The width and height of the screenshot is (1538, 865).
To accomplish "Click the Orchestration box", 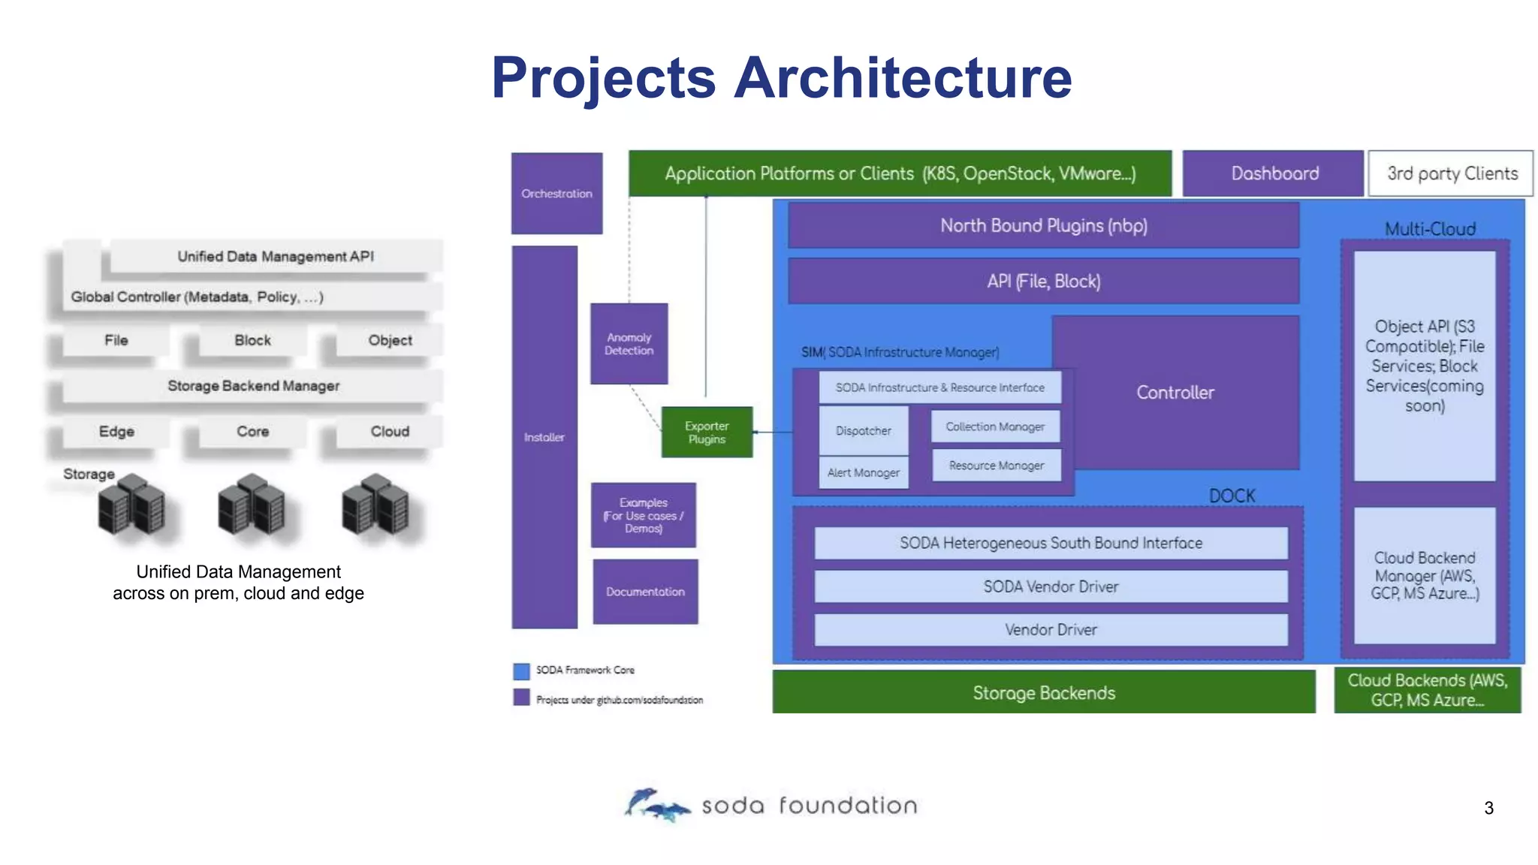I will click(556, 193).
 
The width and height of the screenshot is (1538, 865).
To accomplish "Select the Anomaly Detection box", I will click(629, 344).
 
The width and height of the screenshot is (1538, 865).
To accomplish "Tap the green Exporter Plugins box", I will click(707, 432).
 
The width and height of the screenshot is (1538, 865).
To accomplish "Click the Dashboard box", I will click(1274, 173).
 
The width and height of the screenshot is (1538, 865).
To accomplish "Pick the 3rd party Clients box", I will click(1451, 173).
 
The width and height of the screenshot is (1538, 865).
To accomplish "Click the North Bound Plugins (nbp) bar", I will click(1043, 225).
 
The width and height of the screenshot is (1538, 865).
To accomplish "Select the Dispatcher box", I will click(863, 430).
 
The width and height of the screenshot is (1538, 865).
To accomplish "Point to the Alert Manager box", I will click(863, 472).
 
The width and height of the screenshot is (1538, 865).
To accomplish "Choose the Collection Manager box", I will click(995, 426).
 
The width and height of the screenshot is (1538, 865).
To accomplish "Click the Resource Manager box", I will click(996, 465).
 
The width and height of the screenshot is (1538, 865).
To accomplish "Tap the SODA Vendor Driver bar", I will click(1051, 586).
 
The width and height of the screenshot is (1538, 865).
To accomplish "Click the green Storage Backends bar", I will click(1044, 692).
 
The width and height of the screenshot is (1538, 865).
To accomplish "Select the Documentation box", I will click(645, 592).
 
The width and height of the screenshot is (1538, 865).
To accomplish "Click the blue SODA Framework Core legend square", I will click(521, 671).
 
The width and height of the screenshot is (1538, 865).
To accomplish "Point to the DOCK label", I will click(1232, 496).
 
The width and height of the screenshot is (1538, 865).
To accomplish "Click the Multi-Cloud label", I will click(1430, 229).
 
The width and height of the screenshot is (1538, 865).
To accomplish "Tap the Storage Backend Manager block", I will click(253, 386).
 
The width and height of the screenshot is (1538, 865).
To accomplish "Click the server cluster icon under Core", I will click(252, 505).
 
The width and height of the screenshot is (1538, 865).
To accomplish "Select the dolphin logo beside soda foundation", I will click(655, 805).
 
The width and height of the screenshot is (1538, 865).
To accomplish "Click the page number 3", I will click(1488, 808).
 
